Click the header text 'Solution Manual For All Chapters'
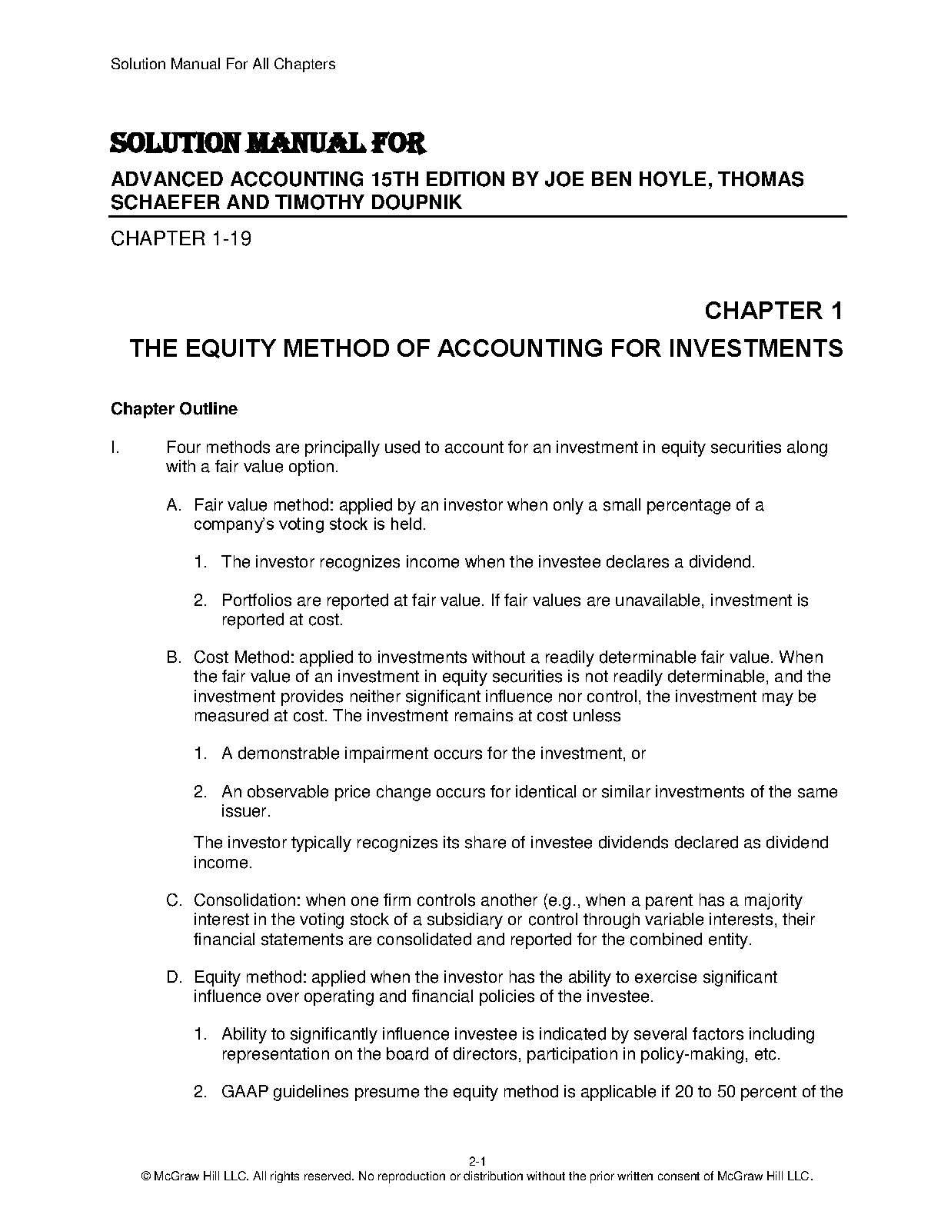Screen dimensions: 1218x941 [223, 64]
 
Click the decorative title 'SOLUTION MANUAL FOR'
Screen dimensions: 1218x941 [268, 144]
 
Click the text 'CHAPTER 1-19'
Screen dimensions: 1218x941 [181, 239]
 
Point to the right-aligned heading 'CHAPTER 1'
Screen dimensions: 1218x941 [773, 311]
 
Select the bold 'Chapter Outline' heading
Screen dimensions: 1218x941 [174, 409]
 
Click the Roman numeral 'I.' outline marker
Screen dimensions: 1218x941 [115, 448]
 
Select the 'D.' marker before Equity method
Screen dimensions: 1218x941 [174, 977]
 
